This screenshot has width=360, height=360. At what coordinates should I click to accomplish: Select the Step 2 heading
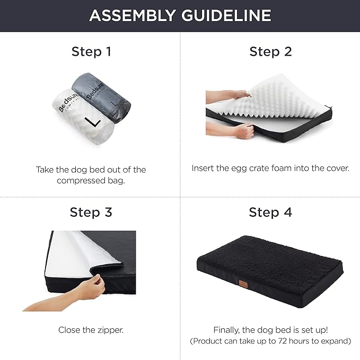pos(270,51)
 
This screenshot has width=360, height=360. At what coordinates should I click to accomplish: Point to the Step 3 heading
pos(91,213)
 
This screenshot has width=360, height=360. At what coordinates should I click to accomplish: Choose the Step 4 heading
pos(270,213)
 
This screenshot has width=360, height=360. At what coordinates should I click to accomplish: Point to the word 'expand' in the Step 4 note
pos(335,341)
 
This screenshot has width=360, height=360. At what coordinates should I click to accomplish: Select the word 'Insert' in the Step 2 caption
pos(203,168)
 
